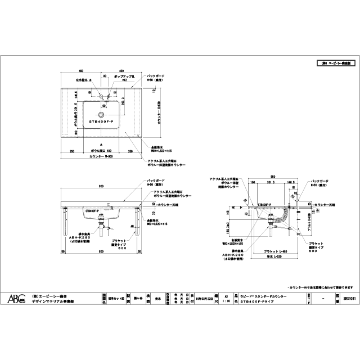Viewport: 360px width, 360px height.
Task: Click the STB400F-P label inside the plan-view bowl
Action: tap(101, 121)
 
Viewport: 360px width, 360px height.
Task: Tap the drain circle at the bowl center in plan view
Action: tap(102, 105)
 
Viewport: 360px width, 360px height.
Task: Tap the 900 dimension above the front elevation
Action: tap(101, 186)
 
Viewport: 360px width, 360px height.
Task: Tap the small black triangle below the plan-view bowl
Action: tap(101, 145)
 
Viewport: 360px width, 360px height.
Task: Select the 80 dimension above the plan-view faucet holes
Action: tap(105, 75)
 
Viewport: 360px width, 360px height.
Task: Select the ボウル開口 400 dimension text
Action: tap(101, 151)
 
